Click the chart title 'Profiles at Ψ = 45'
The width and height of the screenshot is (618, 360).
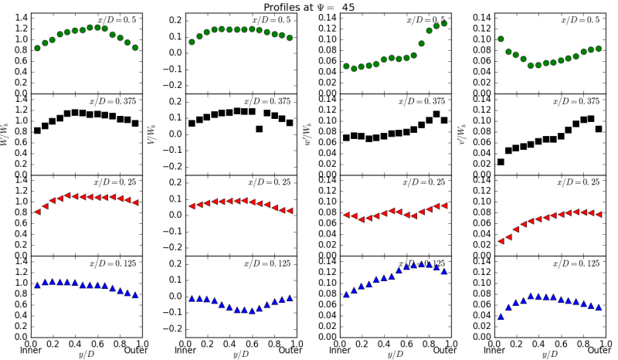point(309,6)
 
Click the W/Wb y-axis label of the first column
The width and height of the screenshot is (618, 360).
point(8,133)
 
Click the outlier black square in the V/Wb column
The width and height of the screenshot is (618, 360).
point(260,129)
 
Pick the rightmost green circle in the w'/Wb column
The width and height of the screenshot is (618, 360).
point(443,23)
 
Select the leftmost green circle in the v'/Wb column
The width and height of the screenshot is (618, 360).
point(501,39)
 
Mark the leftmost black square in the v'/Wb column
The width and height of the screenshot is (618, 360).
point(501,162)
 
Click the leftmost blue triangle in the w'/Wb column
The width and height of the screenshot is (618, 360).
point(346,294)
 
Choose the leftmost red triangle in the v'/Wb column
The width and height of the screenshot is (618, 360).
point(501,241)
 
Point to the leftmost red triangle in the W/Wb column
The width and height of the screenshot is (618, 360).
point(37,212)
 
